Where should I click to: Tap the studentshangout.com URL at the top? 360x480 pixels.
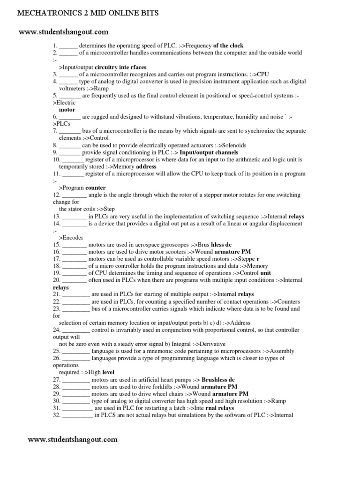point(63,32)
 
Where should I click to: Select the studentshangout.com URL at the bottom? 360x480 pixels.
point(73,440)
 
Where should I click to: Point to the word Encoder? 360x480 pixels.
point(73,238)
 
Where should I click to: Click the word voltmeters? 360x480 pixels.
point(74,88)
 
